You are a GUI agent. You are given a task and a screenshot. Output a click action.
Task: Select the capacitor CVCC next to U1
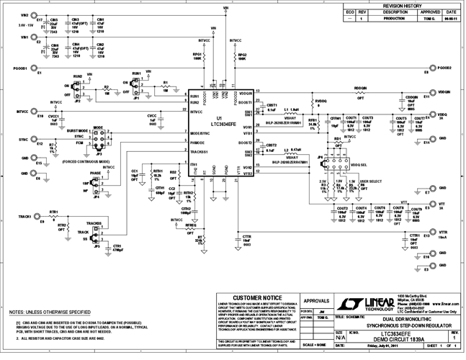152,120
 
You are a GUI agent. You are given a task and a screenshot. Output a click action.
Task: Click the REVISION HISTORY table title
401,4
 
